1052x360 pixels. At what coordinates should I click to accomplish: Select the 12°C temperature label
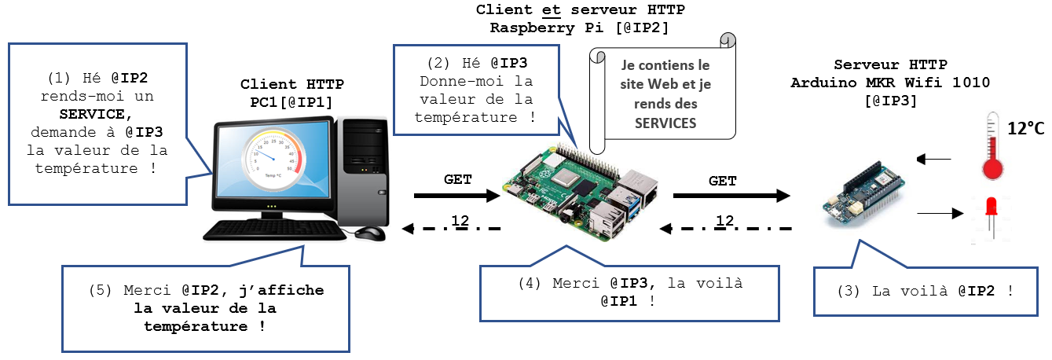(1025, 127)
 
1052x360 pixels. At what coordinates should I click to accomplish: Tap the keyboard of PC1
(275, 230)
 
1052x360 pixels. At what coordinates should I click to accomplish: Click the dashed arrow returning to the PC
(451, 230)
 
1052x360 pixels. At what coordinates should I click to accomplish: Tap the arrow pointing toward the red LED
(939, 212)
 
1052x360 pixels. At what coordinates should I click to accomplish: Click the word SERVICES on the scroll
(665, 123)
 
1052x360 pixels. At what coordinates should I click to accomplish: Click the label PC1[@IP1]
(292, 101)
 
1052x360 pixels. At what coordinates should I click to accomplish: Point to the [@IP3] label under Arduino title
(890, 101)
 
